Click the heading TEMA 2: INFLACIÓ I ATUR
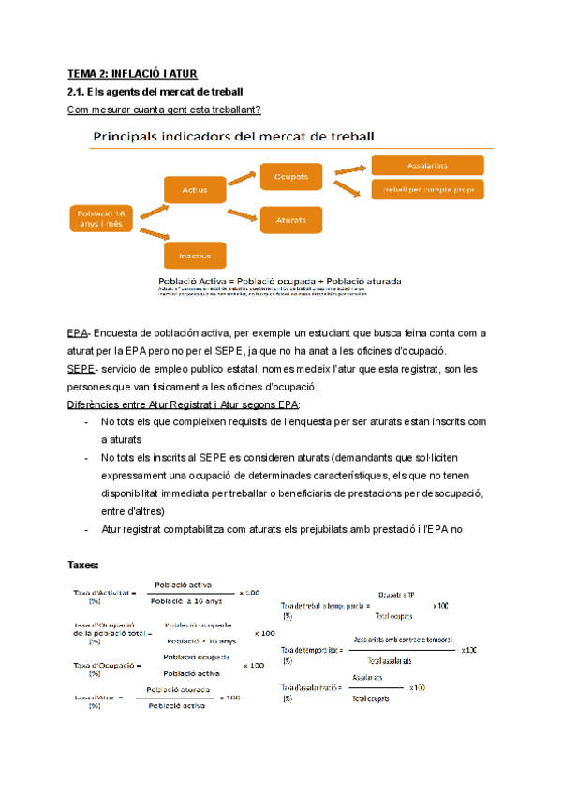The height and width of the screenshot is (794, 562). tap(132, 73)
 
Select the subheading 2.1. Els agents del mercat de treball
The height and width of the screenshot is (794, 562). tap(156, 92)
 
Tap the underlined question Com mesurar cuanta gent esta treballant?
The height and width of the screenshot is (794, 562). tap(165, 110)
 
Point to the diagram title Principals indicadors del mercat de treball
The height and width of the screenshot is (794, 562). tap(232, 137)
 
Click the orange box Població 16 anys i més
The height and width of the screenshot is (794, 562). tap(99, 218)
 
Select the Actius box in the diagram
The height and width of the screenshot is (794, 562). tap(195, 191)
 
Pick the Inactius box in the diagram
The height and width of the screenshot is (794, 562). tap(195, 255)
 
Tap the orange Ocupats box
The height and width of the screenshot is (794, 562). tap(291, 176)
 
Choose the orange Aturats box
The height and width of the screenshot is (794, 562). tap(291, 220)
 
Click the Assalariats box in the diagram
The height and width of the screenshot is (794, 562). tap(428, 165)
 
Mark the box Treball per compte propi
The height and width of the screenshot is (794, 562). tap(428, 190)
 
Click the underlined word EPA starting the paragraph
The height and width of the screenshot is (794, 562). tap(79, 333)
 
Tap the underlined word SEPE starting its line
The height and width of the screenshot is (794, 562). tap(81, 370)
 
